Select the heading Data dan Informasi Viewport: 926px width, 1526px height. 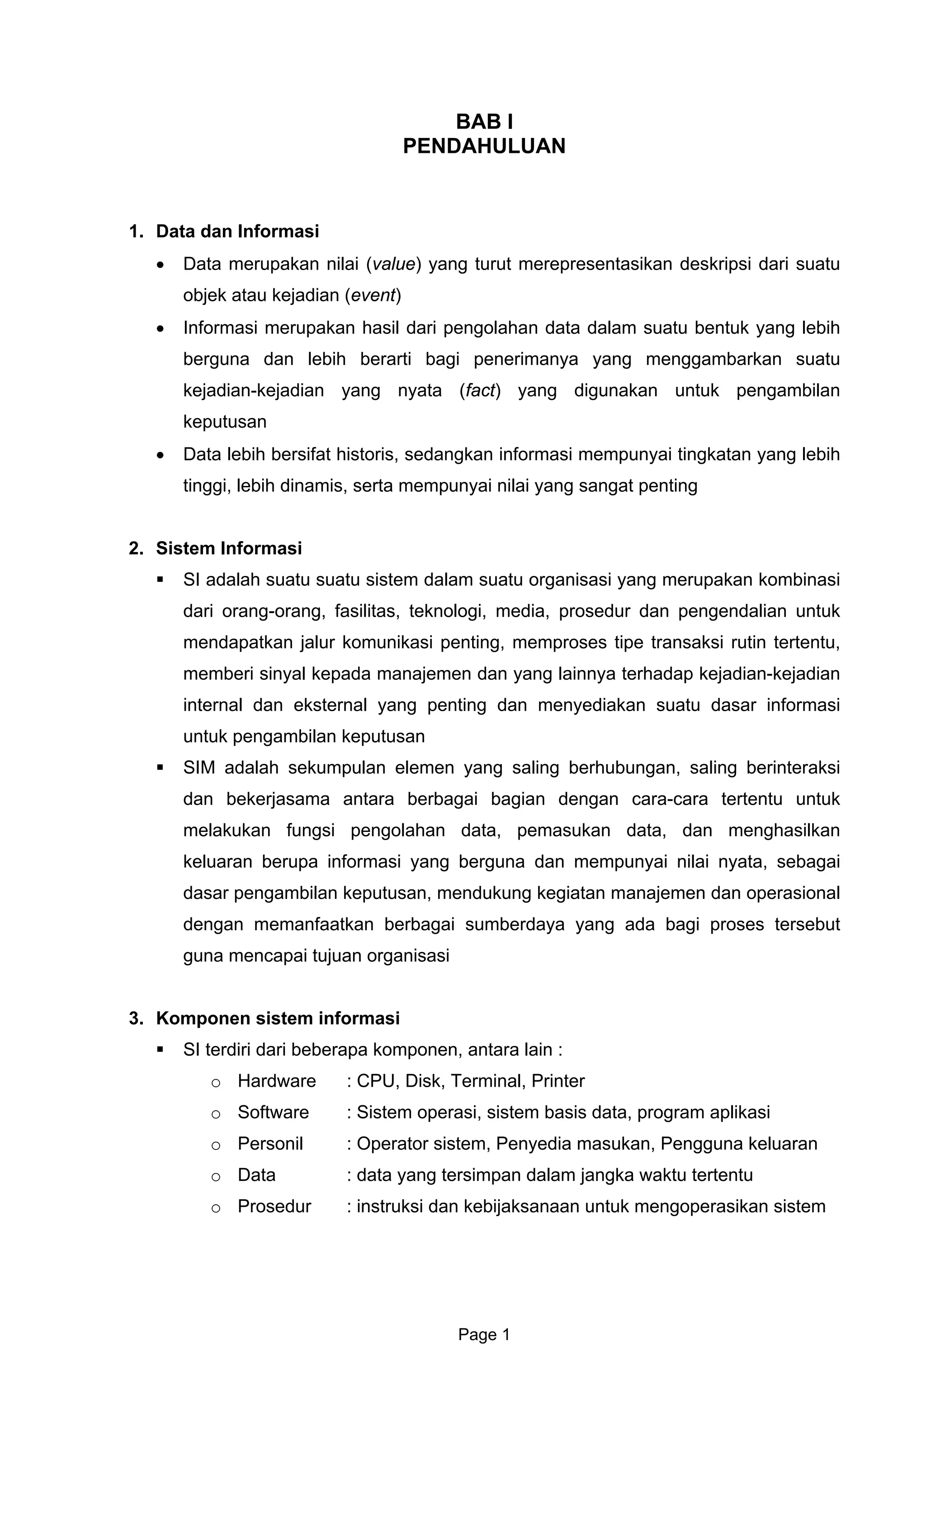coord(237,232)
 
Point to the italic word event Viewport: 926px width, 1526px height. coord(373,296)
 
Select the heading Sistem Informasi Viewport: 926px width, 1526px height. coord(228,548)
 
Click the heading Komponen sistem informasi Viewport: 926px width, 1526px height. coord(277,1018)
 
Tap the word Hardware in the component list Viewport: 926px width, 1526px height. coord(277,1081)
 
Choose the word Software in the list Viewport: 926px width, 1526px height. coord(273,1112)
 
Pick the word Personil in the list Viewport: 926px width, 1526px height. coord(270,1144)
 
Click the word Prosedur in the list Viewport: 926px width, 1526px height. coord(274,1207)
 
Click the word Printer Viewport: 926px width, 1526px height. coord(557,1081)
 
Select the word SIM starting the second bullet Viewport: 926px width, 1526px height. coord(198,768)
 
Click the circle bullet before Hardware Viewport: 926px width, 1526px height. coord(215,1083)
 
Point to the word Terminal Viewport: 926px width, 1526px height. coord(487,1081)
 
